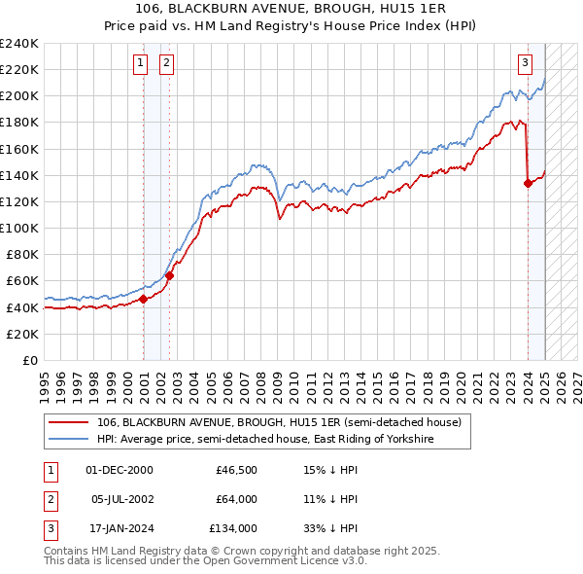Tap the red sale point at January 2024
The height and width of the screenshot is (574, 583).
point(528,183)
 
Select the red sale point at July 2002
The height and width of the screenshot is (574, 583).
point(169,275)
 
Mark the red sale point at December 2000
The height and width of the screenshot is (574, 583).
point(143,299)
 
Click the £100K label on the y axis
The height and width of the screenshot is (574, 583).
point(19,228)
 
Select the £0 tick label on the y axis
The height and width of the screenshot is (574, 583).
point(29,360)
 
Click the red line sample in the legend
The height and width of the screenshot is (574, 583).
point(69,422)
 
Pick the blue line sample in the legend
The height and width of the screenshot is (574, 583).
point(69,440)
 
